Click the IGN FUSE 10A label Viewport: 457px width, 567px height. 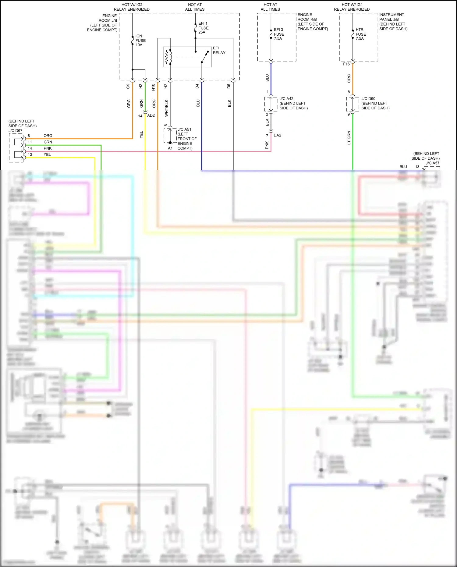[x=140, y=41]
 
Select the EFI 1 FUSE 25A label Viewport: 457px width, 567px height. [x=203, y=28]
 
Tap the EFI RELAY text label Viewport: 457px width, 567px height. [x=219, y=50]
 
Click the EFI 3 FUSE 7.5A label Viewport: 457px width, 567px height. [x=279, y=34]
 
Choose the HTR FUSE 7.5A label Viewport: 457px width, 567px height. [x=360, y=34]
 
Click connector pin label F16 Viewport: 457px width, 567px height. [x=346, y=64]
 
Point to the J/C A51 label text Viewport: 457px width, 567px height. [x=184, y=129]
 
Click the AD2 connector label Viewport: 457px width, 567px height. [x=151, y=115]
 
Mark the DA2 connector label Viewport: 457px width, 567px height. [x=277, y=135]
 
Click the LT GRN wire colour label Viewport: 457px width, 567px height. [x=349, y=138]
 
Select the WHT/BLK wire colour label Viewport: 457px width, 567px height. [x=167, y=108]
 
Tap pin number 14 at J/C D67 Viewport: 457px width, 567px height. [x=30, y=148]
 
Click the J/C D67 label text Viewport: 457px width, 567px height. [x=15, y=131]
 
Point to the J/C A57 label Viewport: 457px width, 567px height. [x=432, y=163]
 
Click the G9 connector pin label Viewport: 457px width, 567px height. [x=128, y=86]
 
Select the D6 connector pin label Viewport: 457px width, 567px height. [x=229, y=86]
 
